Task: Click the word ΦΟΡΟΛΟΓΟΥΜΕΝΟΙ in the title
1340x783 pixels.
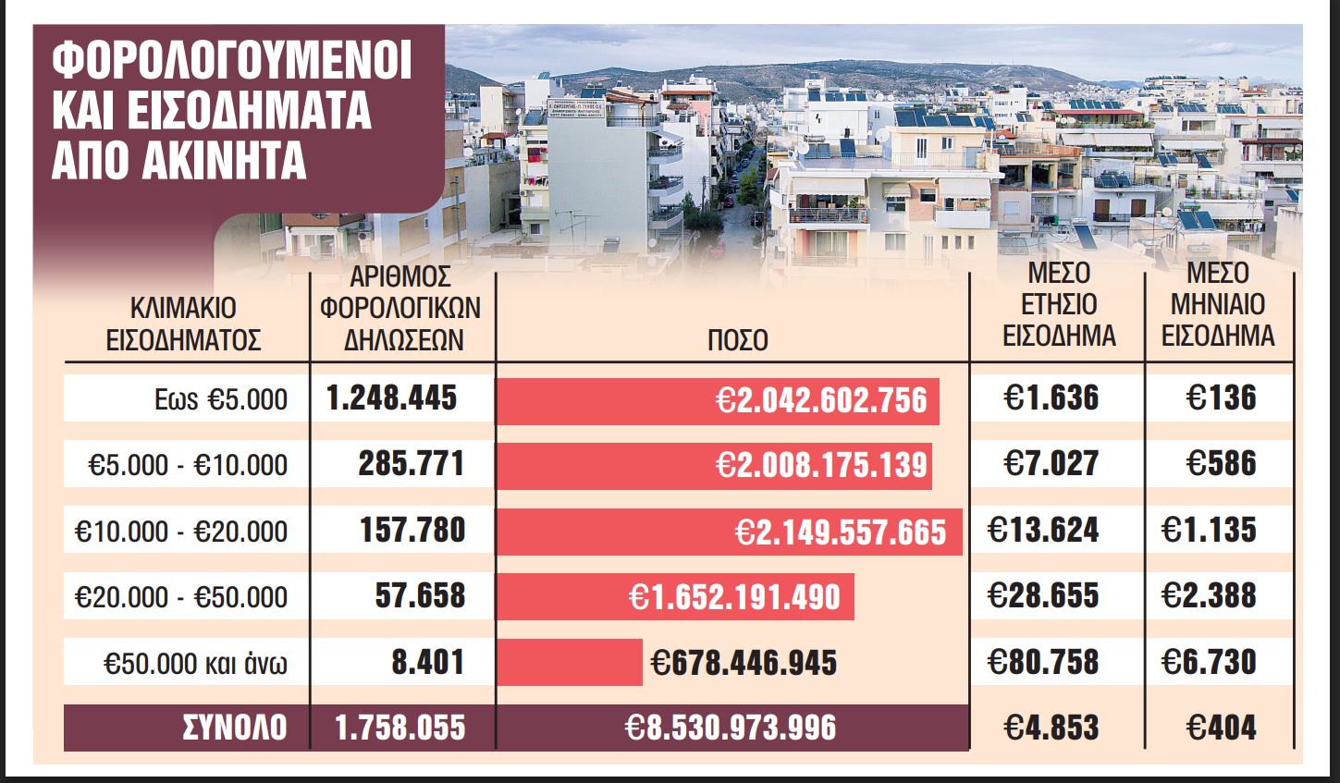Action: click(x=232, y=63)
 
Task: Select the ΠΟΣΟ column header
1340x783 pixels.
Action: click(x=737, y=339)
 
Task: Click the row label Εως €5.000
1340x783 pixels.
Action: click(x=221, y=399)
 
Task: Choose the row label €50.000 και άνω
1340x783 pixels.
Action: click(x=196, y=664)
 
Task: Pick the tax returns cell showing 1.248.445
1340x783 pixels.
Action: click(x=392, y=398)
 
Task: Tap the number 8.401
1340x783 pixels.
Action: click(x=427, y=662)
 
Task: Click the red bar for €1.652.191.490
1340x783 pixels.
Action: click(x=675, y=597)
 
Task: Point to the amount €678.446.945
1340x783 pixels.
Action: click(x=744, y=663)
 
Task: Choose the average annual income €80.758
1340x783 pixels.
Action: click(x=1043, y=662)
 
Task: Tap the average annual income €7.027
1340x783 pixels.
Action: click(x=1051, y=463)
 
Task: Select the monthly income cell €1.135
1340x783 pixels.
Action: click(x=1209, y=530)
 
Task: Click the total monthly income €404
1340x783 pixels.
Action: click(x=1220, y=728)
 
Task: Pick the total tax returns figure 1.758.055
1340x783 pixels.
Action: click(x=400, y=728)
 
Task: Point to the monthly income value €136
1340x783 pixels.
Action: click(x=1222, y=398)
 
